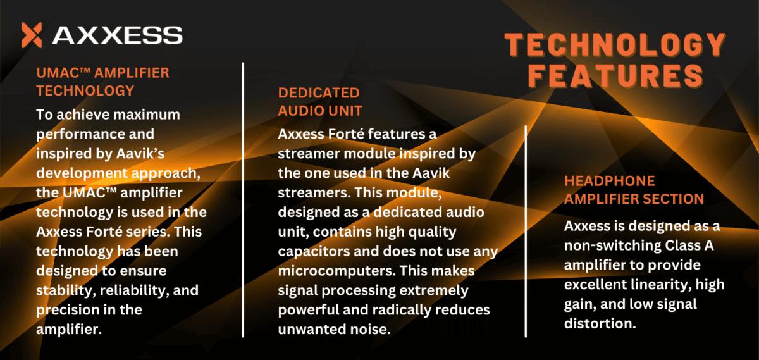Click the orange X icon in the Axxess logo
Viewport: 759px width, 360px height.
click(32, 35)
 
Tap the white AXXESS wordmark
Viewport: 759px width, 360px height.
click(118, 35)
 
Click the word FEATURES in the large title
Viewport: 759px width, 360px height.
click(615, 75)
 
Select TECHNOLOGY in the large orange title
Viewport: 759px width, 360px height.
click(615, 45)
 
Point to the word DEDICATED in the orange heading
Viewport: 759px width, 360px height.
click(319, 93)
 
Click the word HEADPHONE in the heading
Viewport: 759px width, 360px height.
click(609, 181)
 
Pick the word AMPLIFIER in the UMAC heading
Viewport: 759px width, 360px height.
click(132, 73)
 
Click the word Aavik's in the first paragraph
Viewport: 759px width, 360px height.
click(140, 154)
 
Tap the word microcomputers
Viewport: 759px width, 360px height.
click(336, 271)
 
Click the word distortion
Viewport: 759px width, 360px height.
click(600, 323)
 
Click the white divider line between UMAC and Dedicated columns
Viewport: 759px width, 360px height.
click(243, 200)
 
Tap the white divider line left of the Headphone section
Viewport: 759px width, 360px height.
click(526, 232)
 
